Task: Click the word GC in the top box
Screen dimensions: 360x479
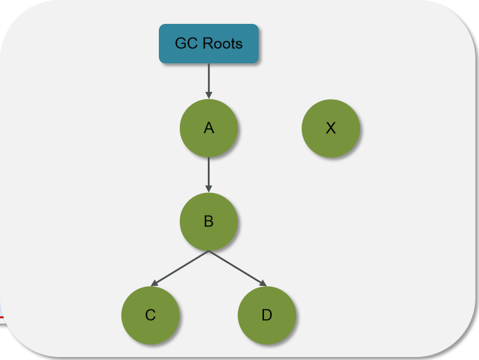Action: pos(185,44)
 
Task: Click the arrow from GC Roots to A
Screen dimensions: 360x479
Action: pos(208,78)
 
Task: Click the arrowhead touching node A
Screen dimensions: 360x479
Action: pos(208,94)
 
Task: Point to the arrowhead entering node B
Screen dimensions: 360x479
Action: pos(208,188)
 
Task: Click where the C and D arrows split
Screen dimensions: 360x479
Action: pos(208,251)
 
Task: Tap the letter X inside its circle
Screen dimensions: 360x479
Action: pos(331,128)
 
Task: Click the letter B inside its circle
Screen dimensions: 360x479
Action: pos(208,221)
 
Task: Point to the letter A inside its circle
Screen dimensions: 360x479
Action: pos(208,128)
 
